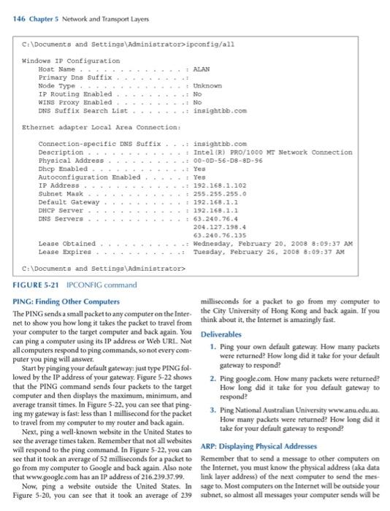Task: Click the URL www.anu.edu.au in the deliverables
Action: (351, 391)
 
